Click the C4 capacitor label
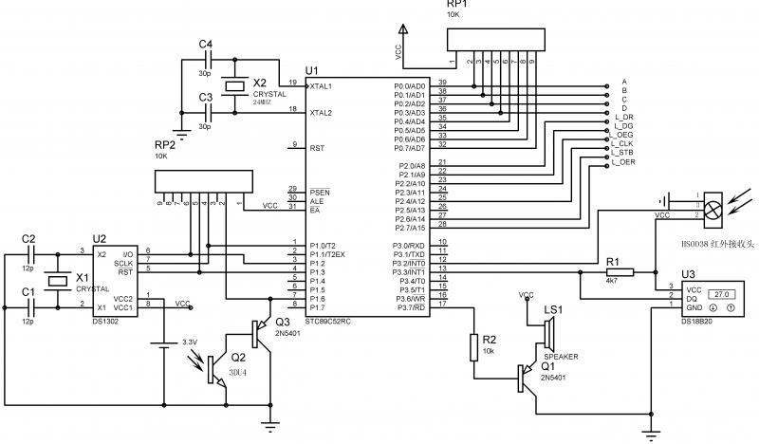pos(206,45)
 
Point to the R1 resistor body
pos(613,270)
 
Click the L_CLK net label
pos(623,144)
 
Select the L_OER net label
pos(623,162)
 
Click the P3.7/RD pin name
pos(410,305)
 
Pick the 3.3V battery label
pos(191,342)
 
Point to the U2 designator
pos(99,239)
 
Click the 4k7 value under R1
pos(612,282)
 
